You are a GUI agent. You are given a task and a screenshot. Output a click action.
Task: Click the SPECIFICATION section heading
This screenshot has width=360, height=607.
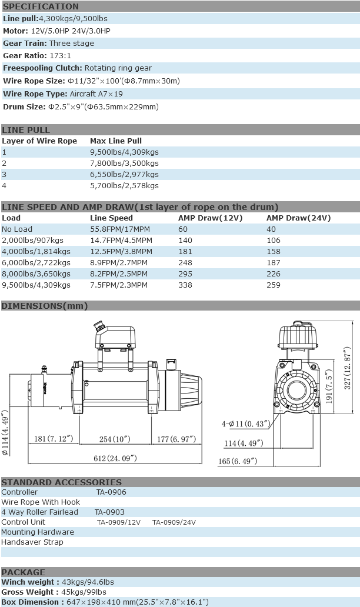coord(41,6)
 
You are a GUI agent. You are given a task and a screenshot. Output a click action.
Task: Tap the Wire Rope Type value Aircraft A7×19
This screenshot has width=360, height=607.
coord(96,94)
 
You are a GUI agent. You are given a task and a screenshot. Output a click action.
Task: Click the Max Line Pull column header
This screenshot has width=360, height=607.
coord(116,141)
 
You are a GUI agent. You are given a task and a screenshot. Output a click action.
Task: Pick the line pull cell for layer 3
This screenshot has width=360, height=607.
coord(124,175)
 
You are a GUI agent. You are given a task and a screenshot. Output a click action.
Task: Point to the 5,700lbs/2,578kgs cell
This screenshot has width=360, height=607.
coord(124,186)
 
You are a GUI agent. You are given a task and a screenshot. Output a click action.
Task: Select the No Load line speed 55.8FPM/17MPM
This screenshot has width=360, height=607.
coord(119,229)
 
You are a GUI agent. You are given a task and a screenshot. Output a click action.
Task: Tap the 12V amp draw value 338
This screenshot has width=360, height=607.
coord(185,285)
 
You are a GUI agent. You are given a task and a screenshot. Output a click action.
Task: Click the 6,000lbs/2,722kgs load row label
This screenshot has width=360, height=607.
coord(36,263)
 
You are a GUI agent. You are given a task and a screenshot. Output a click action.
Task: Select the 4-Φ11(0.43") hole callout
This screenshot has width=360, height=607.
coord(246,423)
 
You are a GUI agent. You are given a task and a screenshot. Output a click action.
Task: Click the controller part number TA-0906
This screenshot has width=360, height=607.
coord(111,492)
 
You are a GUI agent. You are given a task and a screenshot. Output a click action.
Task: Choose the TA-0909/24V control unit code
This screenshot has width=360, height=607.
coord(174,522)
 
